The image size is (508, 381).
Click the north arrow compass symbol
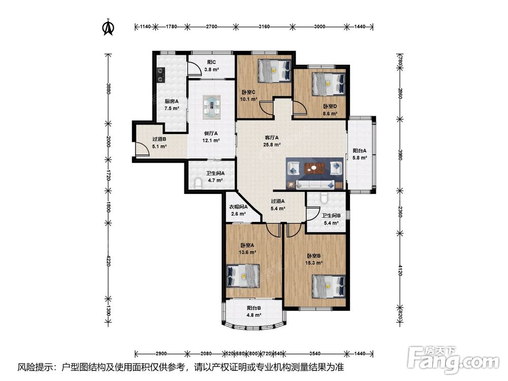tap(108, 27)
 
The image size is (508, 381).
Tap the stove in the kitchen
tap(161, 75)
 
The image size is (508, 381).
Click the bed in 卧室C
tap(274, 71)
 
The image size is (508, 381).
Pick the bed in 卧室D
tap(329, 84)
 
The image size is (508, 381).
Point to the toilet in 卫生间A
tap(198, 184)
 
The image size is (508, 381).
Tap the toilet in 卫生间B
tap(323, 197)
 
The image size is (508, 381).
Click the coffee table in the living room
tap(314, 168)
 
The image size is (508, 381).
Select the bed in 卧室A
tap(243, 276)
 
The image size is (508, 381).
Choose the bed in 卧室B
tap(329, 287)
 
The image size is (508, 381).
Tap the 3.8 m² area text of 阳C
tap(211, 69)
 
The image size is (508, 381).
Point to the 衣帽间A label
tap(238, 207)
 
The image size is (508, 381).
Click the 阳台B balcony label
tap(254, 308)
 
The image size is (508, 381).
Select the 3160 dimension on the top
tap(264, 26)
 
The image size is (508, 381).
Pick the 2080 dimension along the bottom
tap(206, 354)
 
